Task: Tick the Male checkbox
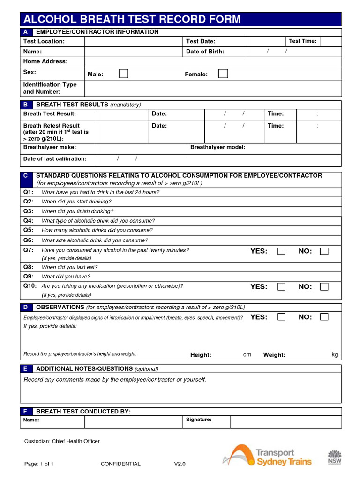tap(123, 74)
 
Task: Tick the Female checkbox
tap(224, 74)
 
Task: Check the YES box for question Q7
tap(281, 251)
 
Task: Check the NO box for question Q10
tap(324, 286)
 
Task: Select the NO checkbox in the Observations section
tap(324, 317)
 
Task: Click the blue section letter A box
tap(26, 32)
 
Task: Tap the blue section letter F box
tap(26, 411)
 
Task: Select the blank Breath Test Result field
tap(122, 114)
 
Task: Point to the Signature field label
tap(199, 420)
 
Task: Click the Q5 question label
tap(29, 230)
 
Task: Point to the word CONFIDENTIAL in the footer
tap(120, 464)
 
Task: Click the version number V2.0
tap(180, 464)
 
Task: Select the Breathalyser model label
tap(217, 147)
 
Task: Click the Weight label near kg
tap(274, 355)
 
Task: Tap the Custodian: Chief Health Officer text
tap(62, 441)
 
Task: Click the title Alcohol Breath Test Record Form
tap(132, 19)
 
